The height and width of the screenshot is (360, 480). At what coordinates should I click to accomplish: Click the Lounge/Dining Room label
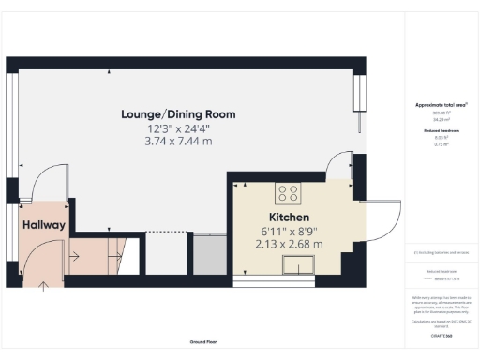coord(178,114)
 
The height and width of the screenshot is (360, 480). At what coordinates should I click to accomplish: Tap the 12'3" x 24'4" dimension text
coord(178,128)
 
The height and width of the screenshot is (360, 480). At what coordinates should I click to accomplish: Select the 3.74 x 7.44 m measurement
coord(178,142)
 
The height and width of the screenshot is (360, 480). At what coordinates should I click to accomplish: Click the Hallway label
coord(42,225)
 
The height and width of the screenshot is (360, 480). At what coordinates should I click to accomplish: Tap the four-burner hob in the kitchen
coord(288,195)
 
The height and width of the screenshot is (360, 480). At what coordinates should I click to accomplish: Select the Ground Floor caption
coord(198,342)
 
